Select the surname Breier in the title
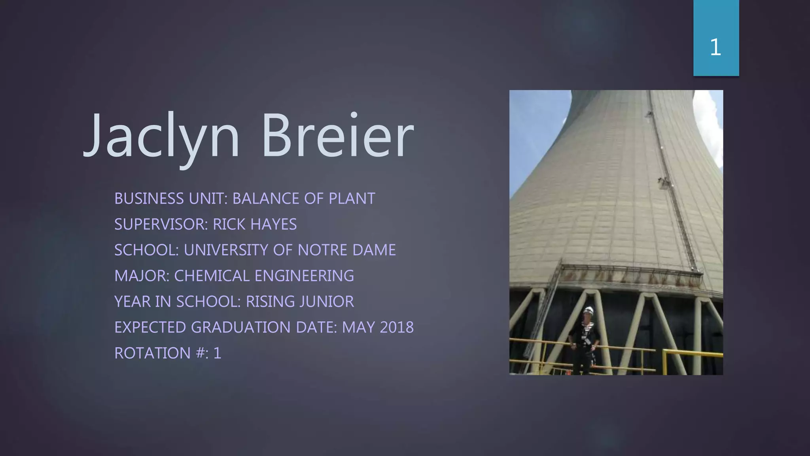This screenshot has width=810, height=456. point(337,137)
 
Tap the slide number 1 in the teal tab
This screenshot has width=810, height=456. point(715,47)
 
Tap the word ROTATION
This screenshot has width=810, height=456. point(152,353)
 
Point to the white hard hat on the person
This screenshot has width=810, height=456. point(589,310)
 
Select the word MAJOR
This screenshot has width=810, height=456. point(142,276)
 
